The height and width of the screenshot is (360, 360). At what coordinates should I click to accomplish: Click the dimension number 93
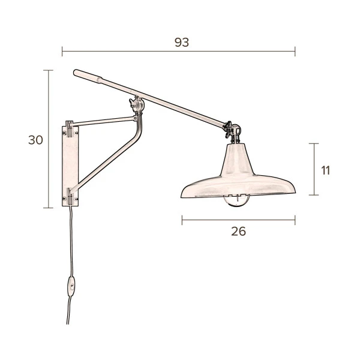click(x=182, y=42)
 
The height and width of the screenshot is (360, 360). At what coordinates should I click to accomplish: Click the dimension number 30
click(x=35, y=140)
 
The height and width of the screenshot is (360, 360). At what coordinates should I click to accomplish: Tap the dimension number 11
click(x=326, y=170)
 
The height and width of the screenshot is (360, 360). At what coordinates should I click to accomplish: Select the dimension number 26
click(x=238, y=231)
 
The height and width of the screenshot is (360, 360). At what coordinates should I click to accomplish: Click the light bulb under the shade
click(x=236, y=201)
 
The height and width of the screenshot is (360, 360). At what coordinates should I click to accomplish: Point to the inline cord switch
click(x=71, y=287)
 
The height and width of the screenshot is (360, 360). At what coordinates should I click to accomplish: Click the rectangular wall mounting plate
click(x=70, y=166)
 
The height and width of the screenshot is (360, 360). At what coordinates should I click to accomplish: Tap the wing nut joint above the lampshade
click(x=232, y=131)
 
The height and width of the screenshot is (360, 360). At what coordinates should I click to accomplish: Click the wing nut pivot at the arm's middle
click(x=137, y=104)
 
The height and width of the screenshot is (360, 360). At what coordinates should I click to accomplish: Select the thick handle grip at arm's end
click(x=88, y=76)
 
